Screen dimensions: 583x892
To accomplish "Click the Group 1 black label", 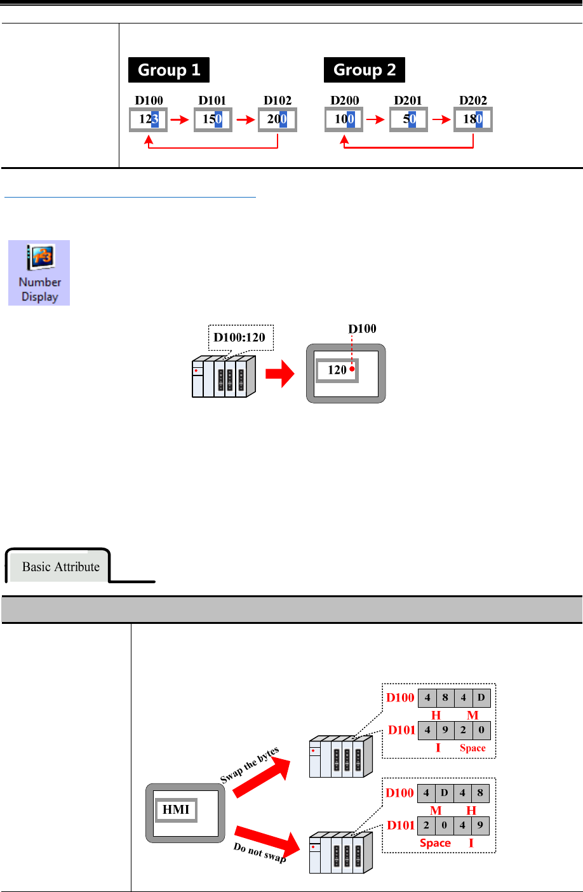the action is [168, 70].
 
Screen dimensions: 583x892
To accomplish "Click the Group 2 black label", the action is [364, 70].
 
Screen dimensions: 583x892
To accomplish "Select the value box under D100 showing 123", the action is [148, 119].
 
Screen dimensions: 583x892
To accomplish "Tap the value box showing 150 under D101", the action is [213, 119].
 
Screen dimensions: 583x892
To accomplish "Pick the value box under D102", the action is [278, 119].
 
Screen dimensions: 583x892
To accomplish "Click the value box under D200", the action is [344, 119].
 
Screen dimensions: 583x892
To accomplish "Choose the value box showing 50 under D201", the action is [408, 119].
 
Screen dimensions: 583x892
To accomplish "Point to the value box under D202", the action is [473, 119].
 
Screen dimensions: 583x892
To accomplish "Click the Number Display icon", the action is [39, 273].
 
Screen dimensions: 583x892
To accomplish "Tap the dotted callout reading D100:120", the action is [240, 337].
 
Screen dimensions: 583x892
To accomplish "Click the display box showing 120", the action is [337, 370].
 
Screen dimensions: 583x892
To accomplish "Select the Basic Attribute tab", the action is [60, 566].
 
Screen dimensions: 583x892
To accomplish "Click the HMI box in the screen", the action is [176, 809].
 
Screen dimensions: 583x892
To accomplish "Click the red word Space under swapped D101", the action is [472, 748].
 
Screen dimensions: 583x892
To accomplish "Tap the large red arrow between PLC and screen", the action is [280, 374].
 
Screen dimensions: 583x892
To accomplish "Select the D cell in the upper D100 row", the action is [481, 698].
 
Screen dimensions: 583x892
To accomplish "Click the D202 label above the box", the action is [473, 100].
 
